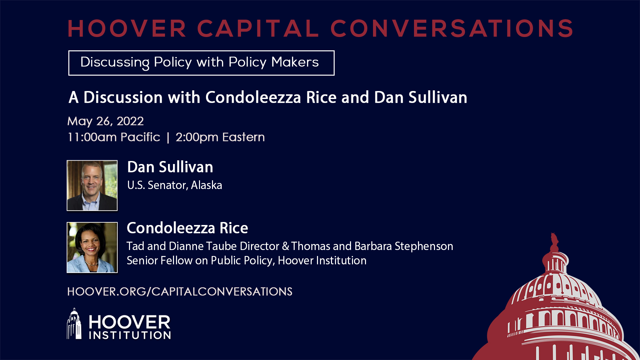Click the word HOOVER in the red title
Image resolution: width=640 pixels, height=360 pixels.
pyautogui.click(x=127, y=29)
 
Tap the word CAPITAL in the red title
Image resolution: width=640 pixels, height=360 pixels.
pyautogui.click(x=258, y=29)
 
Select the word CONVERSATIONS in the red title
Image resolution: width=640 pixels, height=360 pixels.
pyautogui.click(x=452, y=29)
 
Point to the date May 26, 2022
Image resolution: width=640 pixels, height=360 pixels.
pyautogui.click(x=106, y=121)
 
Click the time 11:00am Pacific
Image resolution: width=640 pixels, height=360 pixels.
pyautogui.click(x=114, y=137)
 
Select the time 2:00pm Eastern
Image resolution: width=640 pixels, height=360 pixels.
pyautogui.click(x=220, y=137)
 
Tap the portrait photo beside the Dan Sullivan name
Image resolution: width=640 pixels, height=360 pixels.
pyautogui.click(x=92, y=186)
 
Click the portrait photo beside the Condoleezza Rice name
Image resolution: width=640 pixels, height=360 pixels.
pyautogui.click(x=92, y=248)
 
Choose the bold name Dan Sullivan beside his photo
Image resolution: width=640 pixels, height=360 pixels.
pyautogui.click(x=170, y=167)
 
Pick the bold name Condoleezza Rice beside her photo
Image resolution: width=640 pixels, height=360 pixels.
pyautogui.click(x=188, y=228)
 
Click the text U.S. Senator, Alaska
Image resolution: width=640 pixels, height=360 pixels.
pyautogui.click(x=175, y=185)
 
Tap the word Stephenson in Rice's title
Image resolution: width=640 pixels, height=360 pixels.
pyautogui.click(x=424, y=247)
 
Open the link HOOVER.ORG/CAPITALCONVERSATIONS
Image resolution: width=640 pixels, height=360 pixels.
pyautogui.click(x=180, y=292)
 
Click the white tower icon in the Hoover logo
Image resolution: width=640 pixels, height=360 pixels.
pyautogui.click(x=74, y=324)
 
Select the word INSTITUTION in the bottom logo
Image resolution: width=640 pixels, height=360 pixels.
pyautogui.click(x=130, y=335)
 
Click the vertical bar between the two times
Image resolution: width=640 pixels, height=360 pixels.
pyautogui.click(x=168, y=137)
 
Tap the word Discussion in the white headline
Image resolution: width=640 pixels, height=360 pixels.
pyautogui.click(x=123, y=97)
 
